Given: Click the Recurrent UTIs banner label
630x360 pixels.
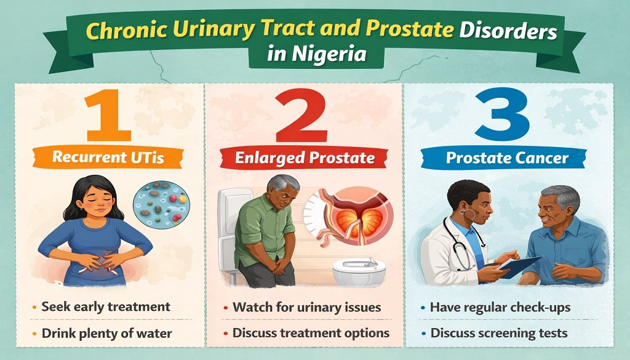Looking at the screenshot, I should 108,157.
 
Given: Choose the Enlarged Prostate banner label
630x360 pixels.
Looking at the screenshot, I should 305,158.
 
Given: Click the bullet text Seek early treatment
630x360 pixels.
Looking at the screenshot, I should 105,306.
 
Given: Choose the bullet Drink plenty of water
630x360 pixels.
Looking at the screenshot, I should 106,333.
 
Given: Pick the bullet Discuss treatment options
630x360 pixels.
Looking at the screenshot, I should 311,333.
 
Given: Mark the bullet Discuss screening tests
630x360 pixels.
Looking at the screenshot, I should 498,333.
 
